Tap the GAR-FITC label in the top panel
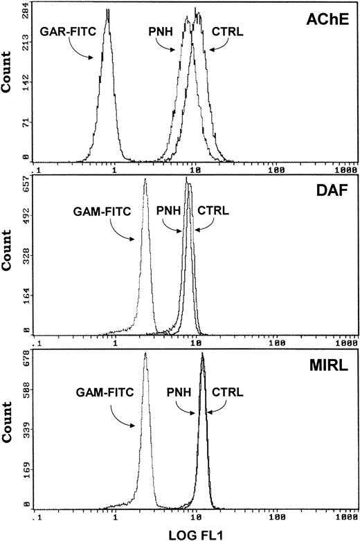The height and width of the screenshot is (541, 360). (x=64, y=31)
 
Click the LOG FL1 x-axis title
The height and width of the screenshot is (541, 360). (x=193, y=533)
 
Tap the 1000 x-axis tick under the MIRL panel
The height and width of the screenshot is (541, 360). (x=347, y=516)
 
